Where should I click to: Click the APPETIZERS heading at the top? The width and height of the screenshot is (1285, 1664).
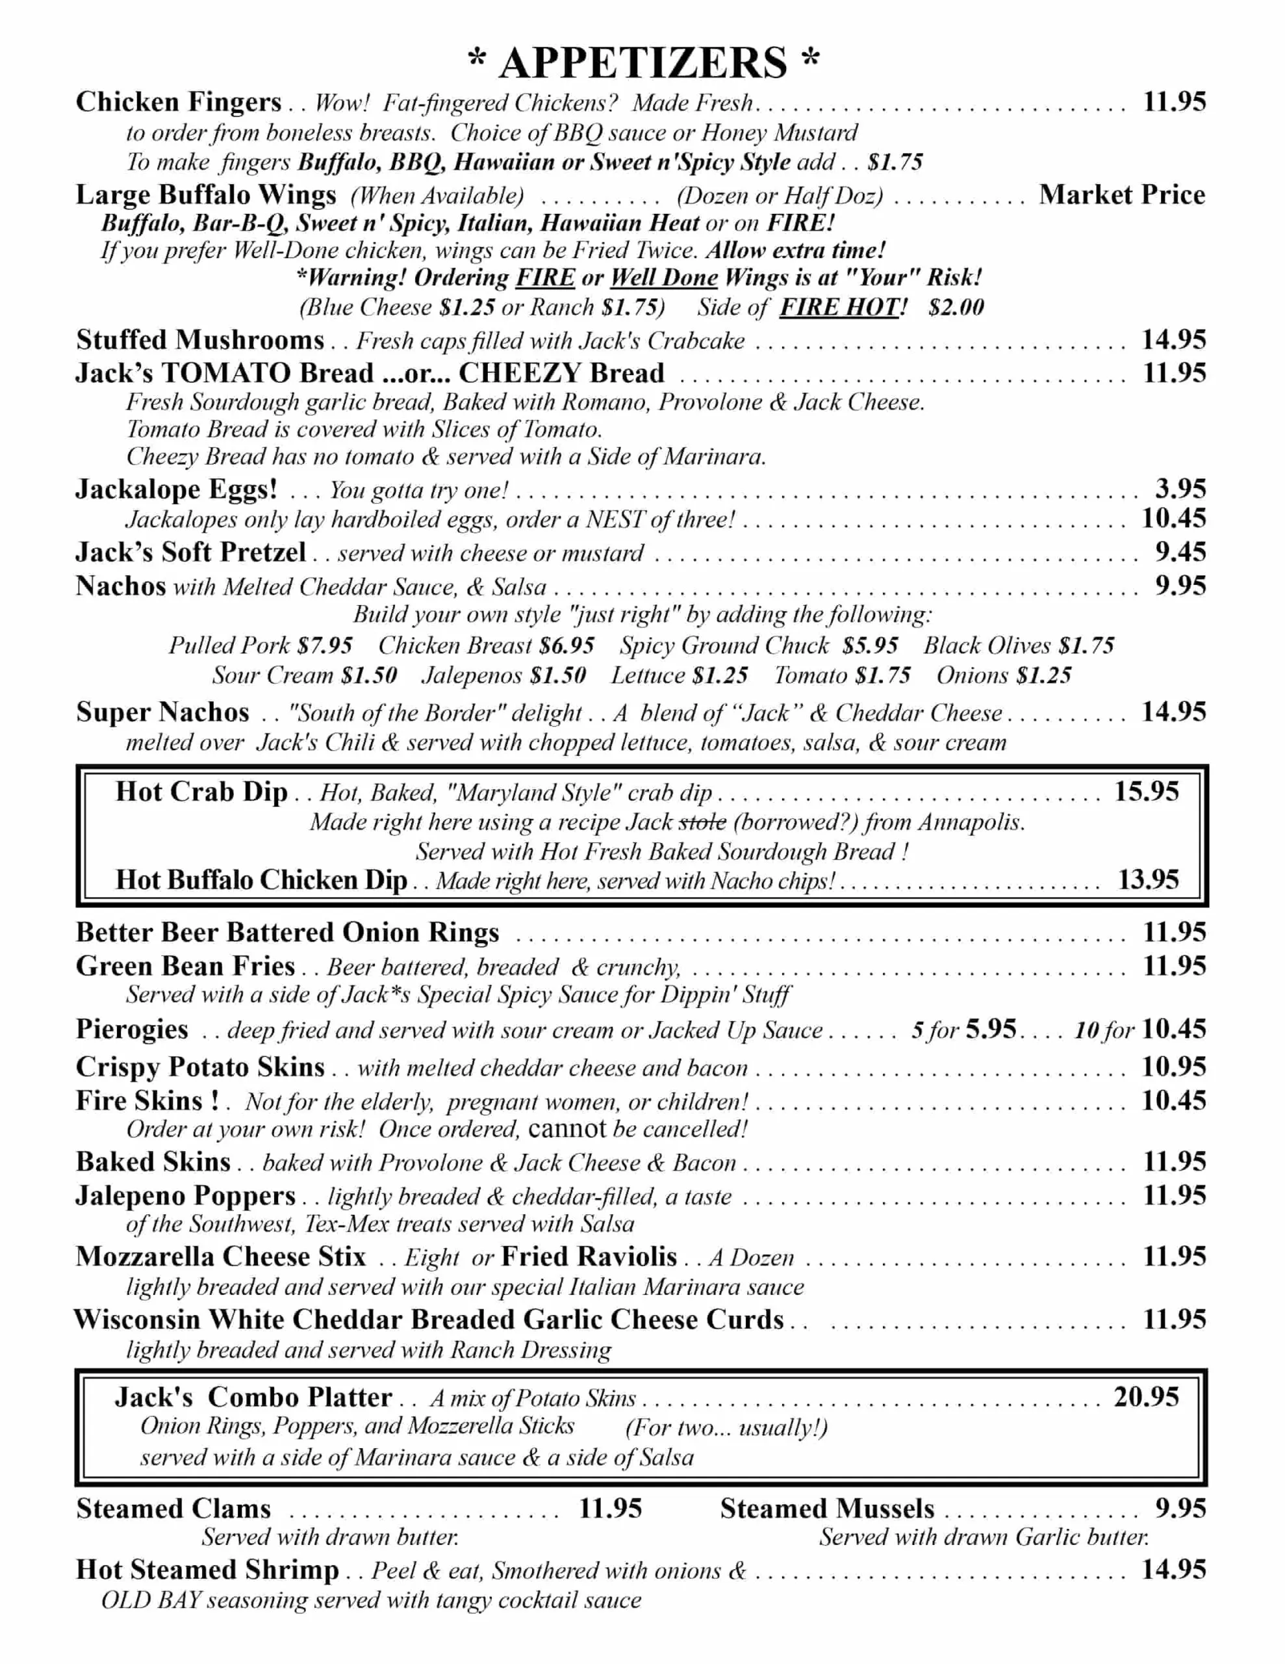click(644, 62)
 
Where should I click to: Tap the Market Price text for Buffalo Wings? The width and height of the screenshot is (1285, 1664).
click(1121, 195)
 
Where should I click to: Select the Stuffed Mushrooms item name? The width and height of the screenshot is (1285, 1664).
click(200, 340)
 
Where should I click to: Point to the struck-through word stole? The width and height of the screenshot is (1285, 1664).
click(702, 822)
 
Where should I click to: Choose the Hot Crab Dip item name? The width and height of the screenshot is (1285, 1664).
click(202, 792)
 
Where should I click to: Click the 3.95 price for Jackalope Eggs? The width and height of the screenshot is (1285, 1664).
click(1180, 488)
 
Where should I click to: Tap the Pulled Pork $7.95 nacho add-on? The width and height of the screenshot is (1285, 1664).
click(261, 645)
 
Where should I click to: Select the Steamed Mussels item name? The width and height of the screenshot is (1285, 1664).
click(826, 1509)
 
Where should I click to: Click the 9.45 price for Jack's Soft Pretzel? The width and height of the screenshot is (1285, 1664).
click(1180, 552)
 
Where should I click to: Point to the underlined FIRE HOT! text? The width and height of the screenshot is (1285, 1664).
click(843, 307)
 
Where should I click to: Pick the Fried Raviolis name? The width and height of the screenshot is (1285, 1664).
click(589, 1256)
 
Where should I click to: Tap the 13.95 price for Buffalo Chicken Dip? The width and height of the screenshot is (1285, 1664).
click(1148, 880)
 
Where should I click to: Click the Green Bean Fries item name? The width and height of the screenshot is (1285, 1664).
click(185, 966)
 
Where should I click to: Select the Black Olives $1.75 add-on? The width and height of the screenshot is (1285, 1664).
click(1019, 645)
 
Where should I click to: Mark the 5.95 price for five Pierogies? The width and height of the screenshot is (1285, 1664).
click(990, 1030)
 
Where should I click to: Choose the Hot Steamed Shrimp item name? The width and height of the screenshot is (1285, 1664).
click(207, 1570)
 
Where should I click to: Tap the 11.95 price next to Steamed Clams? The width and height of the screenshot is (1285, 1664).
click(610, 1509)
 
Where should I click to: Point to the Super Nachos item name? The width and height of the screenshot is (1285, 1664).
click(162, 712)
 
